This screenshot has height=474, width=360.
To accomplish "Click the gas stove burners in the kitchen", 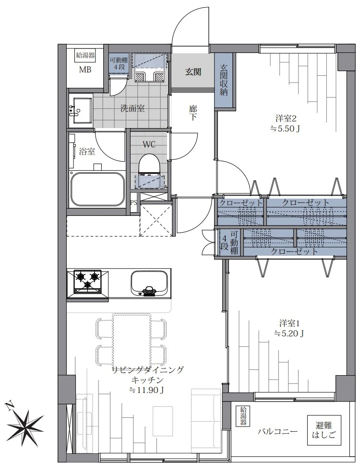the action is (88, 281).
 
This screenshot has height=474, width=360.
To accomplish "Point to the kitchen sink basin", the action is (149, 284).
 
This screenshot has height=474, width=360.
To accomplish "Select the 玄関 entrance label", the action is (193, 72).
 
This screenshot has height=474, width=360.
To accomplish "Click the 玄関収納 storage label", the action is (224, 80).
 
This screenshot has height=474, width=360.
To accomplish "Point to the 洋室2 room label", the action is (285, 118).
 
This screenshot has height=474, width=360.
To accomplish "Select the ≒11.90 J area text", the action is (146, 390).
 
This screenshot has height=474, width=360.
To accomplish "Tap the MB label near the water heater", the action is (85, 70).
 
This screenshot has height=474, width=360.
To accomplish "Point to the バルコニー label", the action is (278, 432).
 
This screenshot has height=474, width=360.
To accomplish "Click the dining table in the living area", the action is (132, 341).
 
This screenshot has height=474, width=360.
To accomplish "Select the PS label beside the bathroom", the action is (133, 202).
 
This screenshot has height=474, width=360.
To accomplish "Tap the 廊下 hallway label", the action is (193, 113).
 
